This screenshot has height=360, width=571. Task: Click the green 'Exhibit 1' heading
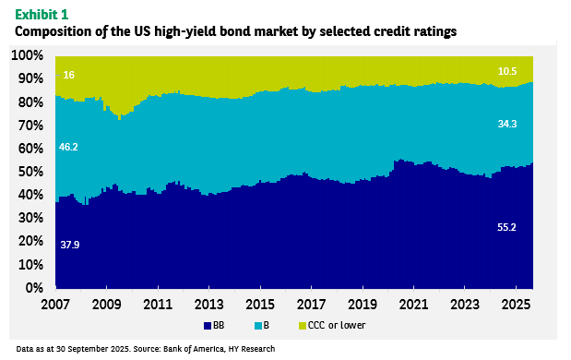pos(42,15)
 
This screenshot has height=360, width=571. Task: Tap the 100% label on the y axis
pos(28,55)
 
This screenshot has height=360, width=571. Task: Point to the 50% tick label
pos(30,172)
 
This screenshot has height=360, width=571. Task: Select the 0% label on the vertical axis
pos(34,288)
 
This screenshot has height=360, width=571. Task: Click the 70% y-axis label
pos(30,126)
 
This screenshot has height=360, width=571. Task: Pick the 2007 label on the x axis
pos(55,305)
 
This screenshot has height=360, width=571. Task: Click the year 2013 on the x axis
pos(208,305)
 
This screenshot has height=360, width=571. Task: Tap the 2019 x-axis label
pos(363,305)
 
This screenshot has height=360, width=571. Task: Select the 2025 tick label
pos(516,305)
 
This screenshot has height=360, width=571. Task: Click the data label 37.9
pos(70,245)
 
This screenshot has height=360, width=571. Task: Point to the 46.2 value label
pos(68,147)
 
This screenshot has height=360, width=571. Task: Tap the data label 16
pos(68,75)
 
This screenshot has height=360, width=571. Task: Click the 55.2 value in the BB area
pos(507,227)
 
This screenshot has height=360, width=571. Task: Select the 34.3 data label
pos(507,124)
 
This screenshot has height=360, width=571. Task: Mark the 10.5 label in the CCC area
pos(507,71)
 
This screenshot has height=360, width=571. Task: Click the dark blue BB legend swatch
pos(208,326)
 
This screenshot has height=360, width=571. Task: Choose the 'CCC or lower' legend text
pos(337,325)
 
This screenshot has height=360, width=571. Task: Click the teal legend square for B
pos(257,326)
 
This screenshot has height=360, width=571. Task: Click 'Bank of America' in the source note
pos(194,349)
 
